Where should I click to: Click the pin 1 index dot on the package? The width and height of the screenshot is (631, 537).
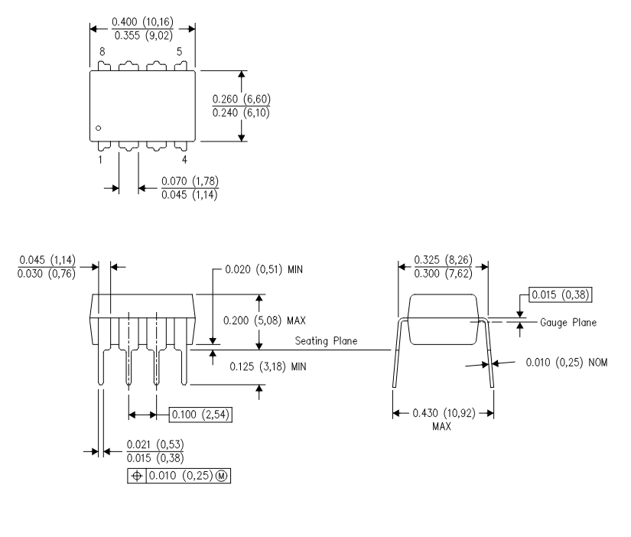coord(98,128)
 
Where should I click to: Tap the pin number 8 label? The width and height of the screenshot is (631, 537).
coord(102,51)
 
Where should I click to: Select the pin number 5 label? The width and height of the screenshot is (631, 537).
coord(180,51)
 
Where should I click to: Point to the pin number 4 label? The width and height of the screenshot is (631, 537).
coord(184,160)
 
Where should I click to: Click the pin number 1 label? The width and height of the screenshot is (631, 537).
coord(100,160)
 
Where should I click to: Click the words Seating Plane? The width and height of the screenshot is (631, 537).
coord(326,341)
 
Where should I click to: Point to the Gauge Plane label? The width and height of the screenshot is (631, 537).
coord(568,323)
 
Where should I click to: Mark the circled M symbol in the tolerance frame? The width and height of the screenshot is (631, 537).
coord(222,476)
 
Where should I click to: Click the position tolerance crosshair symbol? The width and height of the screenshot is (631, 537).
coord(137,476)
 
